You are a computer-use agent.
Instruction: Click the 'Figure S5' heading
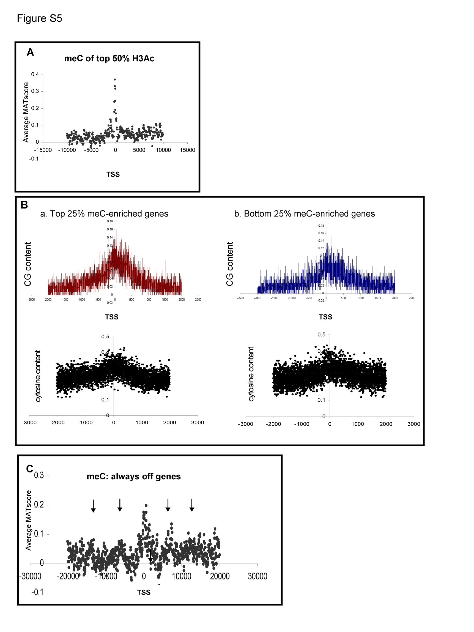click(39, 18)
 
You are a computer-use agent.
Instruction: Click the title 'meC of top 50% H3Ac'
click(109, 59)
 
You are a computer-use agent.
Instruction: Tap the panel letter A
click(30, 52)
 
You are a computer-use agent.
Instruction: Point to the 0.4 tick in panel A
click(35, 75)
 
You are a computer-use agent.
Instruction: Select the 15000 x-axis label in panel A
click(187, 150)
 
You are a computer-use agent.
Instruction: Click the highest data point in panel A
click(114, 80)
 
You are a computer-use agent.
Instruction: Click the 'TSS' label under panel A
click(113, 174)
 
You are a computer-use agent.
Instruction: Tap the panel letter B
click(24, 205)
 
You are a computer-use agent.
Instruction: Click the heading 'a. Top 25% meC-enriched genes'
click(104, 214)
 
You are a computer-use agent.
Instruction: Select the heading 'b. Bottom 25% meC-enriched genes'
click(305, 214)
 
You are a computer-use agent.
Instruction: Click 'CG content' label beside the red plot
click(28, 264)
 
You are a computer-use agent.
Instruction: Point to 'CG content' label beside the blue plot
click(230, 264)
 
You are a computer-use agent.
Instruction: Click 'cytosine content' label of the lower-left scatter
click(38, 376)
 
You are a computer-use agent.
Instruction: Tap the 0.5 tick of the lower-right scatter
click(321, 335)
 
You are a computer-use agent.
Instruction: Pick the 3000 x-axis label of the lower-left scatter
click(198, 423)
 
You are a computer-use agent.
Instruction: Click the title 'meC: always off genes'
click(134, 477)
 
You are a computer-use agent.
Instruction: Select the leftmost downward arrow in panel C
click(93, 506)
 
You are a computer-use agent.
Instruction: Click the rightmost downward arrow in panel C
click(192, 505)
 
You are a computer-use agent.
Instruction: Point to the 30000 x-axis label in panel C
click(257, 576)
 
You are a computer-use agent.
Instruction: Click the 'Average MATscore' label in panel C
click(28, 520)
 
